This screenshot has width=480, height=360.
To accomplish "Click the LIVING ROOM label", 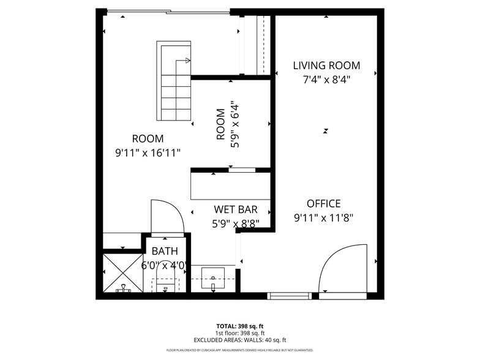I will click(x=326, y=66).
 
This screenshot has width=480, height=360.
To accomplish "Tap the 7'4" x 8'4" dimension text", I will click(x=326, y=79).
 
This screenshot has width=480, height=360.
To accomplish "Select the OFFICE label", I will click(x=323, y=204).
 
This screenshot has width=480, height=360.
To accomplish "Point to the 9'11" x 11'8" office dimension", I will click(x=323, y=217).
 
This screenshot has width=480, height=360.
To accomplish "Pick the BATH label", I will click(x=164, y=251).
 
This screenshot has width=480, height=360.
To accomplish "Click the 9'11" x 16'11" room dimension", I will click(x=148, y=152).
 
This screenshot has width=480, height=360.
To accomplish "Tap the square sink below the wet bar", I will click(x=213, y=279).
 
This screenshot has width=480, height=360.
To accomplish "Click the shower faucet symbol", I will click(x=124, y=288).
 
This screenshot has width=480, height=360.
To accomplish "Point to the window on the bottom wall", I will click(x=290, y=296).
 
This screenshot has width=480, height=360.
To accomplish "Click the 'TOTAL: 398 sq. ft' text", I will click(x=240, y=326).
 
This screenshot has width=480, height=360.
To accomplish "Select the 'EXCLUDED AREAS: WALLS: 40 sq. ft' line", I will click(x=240, y=340).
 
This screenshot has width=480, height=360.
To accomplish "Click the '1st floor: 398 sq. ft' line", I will click(x=240, y=333).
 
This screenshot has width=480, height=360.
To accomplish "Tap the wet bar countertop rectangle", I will click(x=230, y=186).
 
